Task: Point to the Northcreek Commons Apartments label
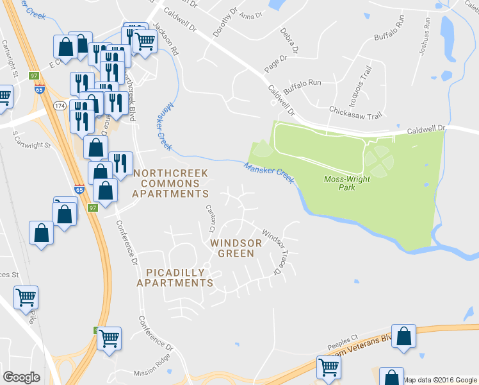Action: coord(170,183)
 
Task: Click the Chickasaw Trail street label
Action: coord(354,112)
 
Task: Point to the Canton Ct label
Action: coord(210,218)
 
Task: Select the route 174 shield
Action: coord(60,105)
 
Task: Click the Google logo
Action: coord(21,377)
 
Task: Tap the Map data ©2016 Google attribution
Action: coord(440,380)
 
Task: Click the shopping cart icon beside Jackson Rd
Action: coord(145,42)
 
